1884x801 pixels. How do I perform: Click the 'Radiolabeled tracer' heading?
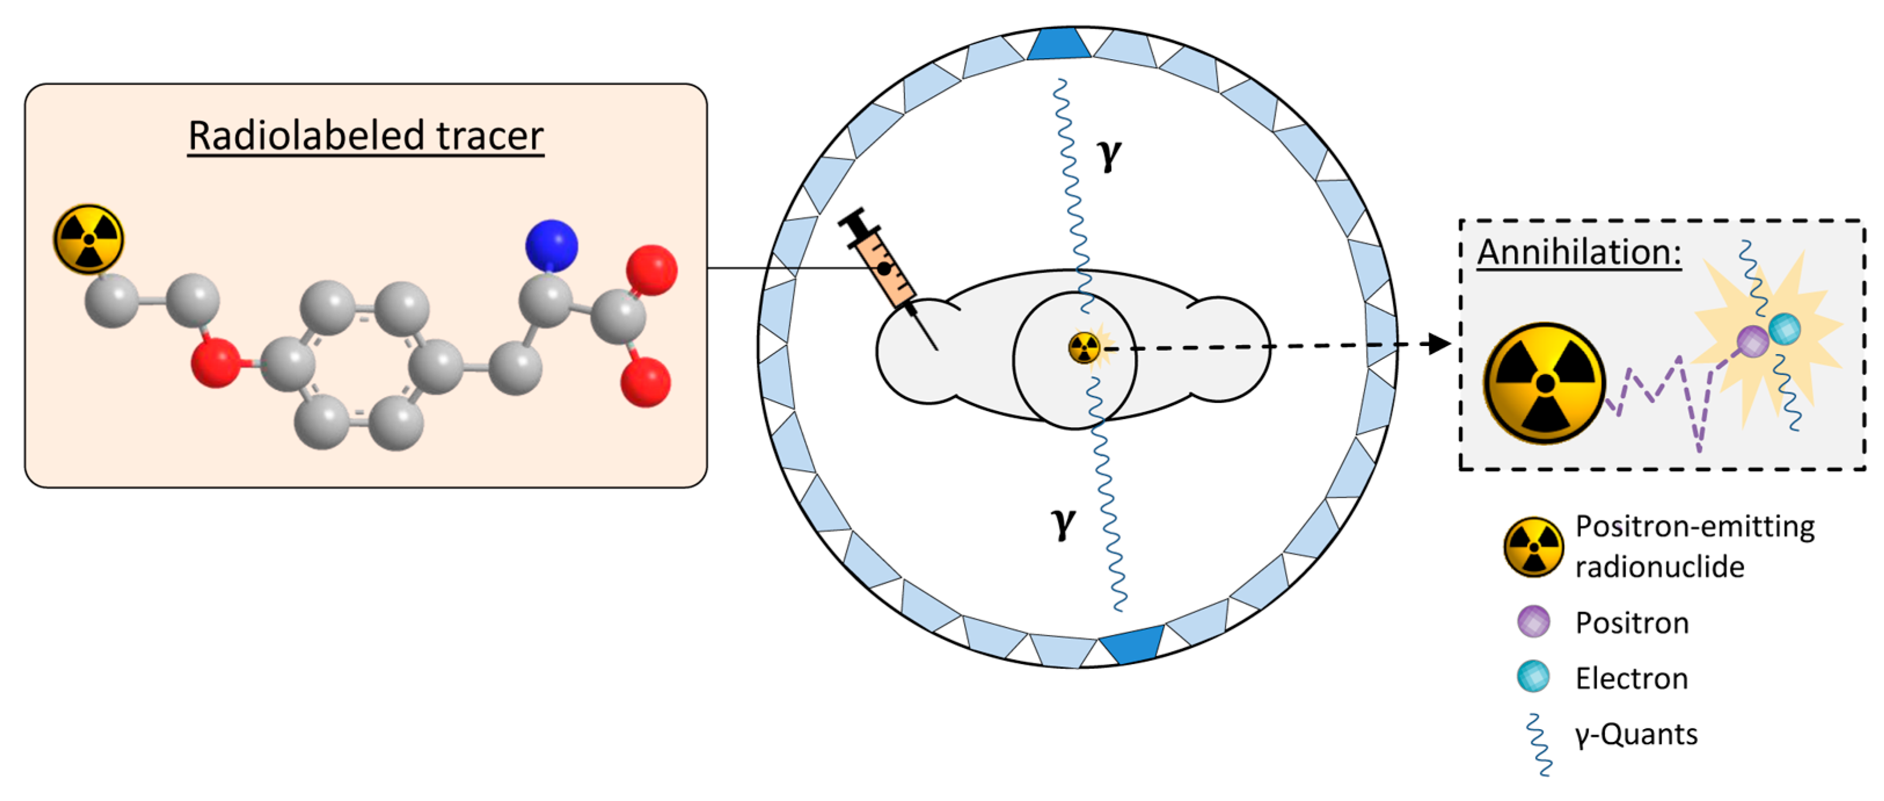point(366,136)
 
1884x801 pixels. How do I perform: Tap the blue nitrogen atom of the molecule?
point(552,246)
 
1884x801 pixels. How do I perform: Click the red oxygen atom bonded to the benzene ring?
point(215,363)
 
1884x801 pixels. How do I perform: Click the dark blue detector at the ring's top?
point(1059,44)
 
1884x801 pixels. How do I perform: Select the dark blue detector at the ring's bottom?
point(1131,644)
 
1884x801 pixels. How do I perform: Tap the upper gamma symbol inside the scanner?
point(1109,153)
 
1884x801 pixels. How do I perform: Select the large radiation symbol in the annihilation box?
point(1545,383)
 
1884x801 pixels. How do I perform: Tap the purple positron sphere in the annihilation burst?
point(1752,341)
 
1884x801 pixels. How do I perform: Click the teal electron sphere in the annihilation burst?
point(1784,329)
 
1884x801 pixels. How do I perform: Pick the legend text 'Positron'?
point(1631,623)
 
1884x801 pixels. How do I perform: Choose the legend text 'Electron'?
point(1631,679)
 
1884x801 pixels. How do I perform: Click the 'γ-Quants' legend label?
point(1636,734)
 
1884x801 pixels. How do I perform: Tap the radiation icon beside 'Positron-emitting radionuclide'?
point(1534,547)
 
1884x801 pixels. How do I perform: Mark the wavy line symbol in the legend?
point(1538,745)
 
